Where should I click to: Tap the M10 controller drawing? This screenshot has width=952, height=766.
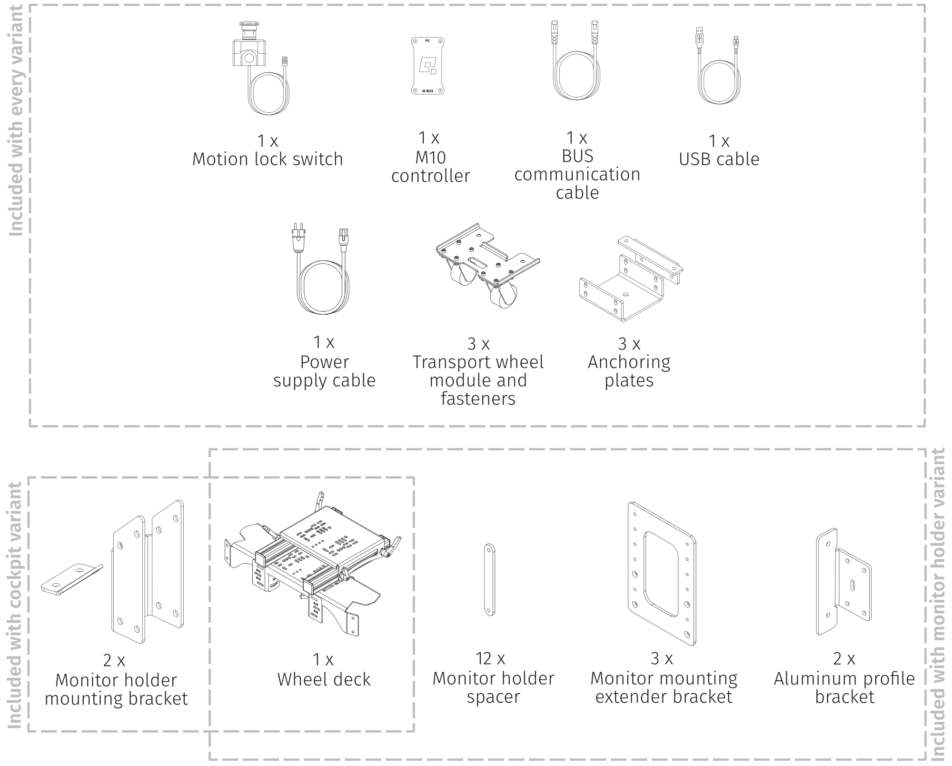[x=427, y=66]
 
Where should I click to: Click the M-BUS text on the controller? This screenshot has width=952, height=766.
[x=427, y=90]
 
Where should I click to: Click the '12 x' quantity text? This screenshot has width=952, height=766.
[x=490, y=658]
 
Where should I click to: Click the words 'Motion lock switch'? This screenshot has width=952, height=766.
[x=267, y=159]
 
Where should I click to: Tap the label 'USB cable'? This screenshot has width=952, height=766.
[x=719, y=159]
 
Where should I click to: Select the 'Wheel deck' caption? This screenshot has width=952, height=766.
[x=324, y=679]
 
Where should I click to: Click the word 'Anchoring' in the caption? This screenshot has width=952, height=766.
[x=629, y=362]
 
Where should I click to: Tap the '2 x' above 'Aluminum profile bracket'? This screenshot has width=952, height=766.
[x=844, y=659]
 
